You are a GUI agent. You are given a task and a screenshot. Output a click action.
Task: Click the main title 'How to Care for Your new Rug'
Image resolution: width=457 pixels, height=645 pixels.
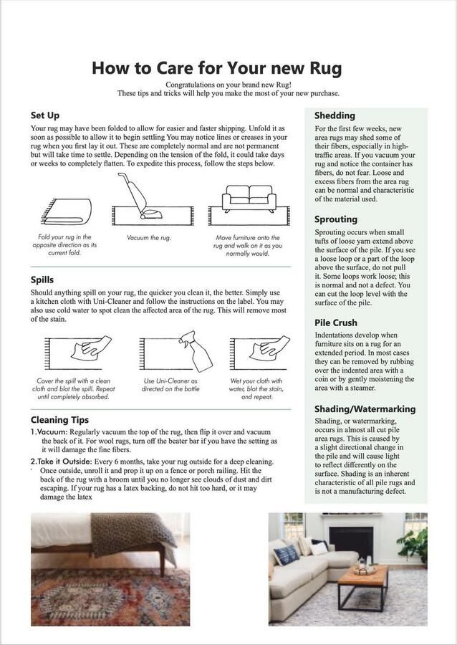click(217, 68)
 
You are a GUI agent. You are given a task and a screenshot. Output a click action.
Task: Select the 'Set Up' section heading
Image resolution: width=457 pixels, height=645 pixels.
click(44, 115)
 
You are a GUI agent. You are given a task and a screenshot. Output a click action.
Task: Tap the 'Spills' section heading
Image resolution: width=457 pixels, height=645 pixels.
click(42, 279)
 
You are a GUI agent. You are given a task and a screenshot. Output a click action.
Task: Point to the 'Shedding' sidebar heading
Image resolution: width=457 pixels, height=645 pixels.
click(335, 115)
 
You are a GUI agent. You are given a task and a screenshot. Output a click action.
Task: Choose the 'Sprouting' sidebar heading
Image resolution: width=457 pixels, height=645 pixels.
click(336, 219)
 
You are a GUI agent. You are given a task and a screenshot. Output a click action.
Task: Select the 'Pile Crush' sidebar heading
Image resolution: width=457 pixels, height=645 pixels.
click(336, 322)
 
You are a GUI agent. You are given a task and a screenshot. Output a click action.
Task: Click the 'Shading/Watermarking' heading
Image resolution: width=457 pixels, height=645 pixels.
click(365, 409)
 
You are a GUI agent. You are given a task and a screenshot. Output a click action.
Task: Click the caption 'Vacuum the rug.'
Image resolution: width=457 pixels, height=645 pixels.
click(149, 237)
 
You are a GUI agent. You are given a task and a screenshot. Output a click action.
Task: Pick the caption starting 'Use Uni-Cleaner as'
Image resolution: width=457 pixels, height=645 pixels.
click(170, 381)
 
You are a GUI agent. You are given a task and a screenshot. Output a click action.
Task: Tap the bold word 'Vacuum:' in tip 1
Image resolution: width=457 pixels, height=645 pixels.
click(52, 433)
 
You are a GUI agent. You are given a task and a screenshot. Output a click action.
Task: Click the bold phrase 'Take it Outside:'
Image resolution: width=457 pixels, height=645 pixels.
click(65, 462)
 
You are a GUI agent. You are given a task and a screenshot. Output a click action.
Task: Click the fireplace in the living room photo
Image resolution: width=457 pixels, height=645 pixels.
click(351, 543)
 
